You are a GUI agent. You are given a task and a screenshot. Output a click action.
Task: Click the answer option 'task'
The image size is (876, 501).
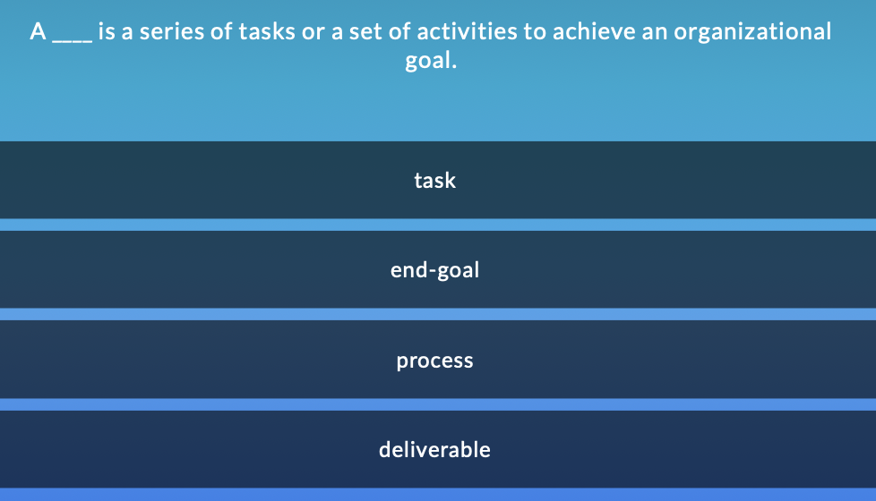tap(435, 180)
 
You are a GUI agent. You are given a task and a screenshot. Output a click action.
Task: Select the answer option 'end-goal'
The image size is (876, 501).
tap(435, 269)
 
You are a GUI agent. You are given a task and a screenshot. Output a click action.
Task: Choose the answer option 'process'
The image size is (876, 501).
tap(435, 361)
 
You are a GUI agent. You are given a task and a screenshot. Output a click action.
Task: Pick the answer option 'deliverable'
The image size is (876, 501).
tap(435, 449)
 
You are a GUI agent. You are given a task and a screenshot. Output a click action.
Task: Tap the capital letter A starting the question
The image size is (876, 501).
tap(38, 32)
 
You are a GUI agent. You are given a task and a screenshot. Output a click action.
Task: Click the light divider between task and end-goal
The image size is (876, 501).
tap(438, 225)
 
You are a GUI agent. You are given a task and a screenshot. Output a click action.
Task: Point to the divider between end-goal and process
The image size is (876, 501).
tap(438, 314)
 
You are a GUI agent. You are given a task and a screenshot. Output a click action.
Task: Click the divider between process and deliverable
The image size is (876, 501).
tap(438, 404)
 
